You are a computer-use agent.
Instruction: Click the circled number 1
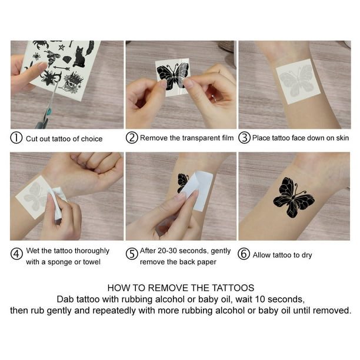pyautogui.click(x=16, y=138)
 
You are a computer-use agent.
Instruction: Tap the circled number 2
pyautogui.click(x=132, y=138)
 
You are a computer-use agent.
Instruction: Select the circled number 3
pyautogui.click(x=244, y=138)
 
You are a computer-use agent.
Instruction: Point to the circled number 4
pyautogui.click(x=16, y=254)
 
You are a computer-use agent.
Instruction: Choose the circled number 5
pyautogui.click(x=132, y=254)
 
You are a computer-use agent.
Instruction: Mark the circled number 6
pyautogui.click(x=244, y=254)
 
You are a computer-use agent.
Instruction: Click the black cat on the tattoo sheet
pyautogui.click(x=79, y=57)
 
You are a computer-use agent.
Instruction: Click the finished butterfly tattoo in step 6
pyautogui.click(x=294, y=197)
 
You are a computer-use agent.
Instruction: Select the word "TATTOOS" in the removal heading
pyautogui.click(x=233, y=288)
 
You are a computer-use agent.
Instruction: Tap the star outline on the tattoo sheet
pyautogui.click(x=61, y=47)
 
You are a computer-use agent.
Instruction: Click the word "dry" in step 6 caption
pyautogui.click(x=306, y=255)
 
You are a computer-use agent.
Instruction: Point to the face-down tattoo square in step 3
pyautogui.click(x=298, y=81)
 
